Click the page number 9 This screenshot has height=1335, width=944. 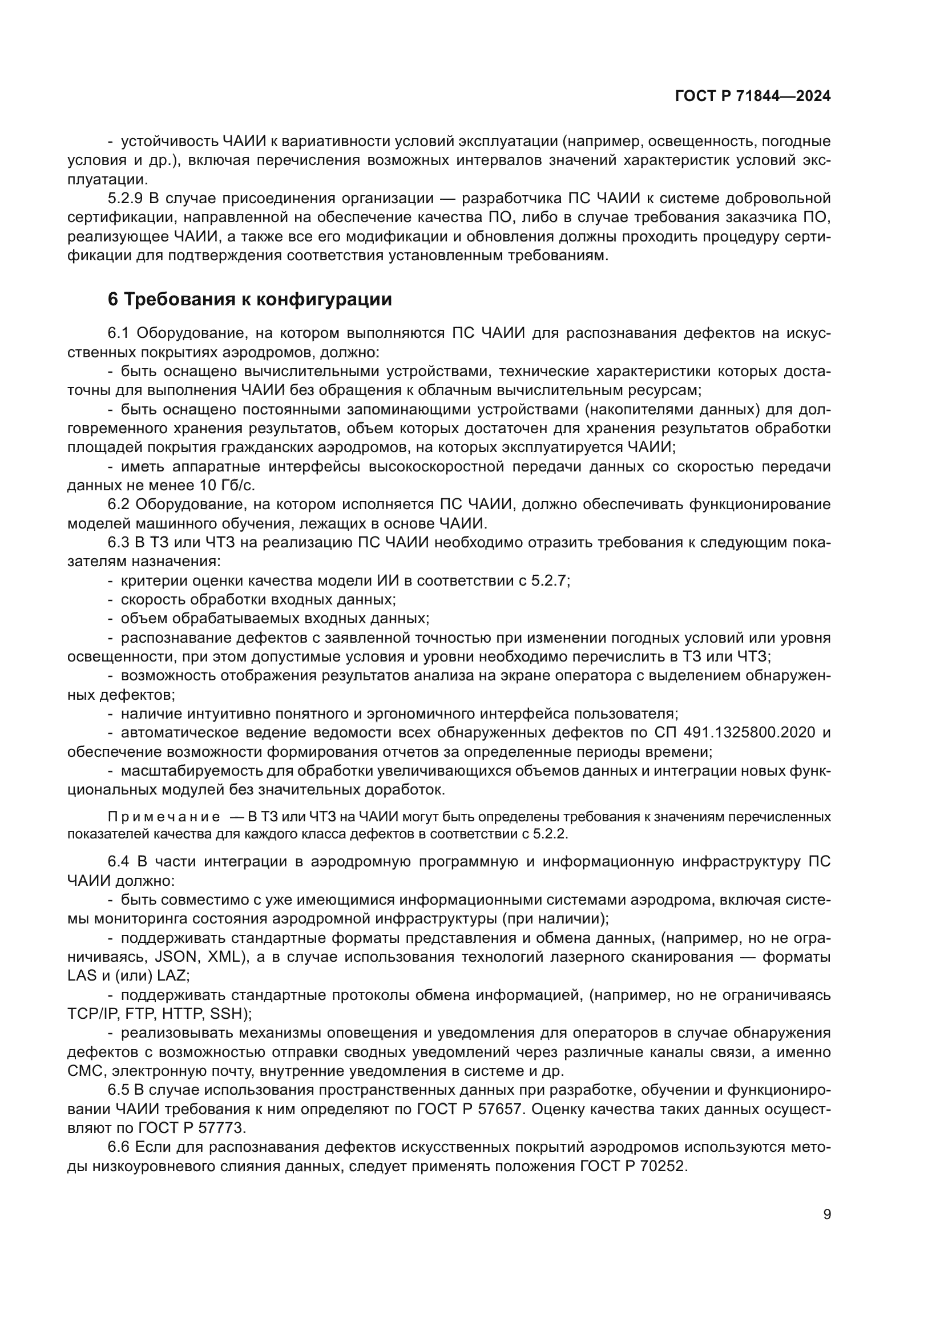tap(826, 1214)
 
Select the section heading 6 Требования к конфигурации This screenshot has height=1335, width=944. tap(249, 300)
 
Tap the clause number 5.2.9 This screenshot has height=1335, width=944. tap(125, 198)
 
